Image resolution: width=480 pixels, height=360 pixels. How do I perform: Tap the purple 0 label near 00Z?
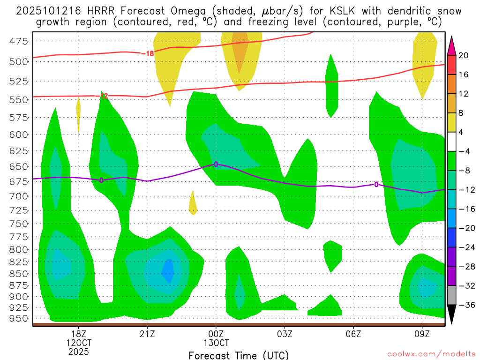(x=216, y=164)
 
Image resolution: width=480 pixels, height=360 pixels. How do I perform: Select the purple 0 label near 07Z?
(x=376, y=185)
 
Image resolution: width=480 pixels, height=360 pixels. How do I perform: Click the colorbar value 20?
(x=463, y=55)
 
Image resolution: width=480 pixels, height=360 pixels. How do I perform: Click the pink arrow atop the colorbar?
(x=452, y=45)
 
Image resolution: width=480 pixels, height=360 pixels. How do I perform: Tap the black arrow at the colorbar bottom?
(x=452, y=315)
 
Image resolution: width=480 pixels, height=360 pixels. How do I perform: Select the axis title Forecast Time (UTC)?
(x=239, y=355)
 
